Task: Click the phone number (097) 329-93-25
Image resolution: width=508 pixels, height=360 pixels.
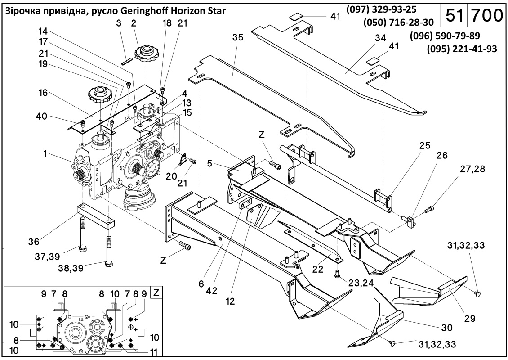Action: [x=381, y=10]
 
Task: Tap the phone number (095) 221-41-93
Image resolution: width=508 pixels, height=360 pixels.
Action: [x=462, y=49]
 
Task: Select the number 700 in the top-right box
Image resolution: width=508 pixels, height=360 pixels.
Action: [x=486, y=15]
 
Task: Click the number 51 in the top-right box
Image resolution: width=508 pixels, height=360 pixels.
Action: [x=455, y=15]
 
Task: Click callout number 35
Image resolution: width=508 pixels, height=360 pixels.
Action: [x=238, y=37]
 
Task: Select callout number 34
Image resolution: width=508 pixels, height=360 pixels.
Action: [x=381, y=38]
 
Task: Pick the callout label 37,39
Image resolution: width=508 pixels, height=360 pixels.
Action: [x=48, y=257]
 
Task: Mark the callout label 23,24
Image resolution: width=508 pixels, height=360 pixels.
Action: [x=361, y=283]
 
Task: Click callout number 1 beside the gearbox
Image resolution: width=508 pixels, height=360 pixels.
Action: [x=45, y=154]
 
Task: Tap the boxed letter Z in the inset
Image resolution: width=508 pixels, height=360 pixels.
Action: [x=156, y=293]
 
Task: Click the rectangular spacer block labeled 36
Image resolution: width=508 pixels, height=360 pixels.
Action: [x=96, y=216]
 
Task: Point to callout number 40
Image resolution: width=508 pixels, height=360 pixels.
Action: [x=41, y=117]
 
